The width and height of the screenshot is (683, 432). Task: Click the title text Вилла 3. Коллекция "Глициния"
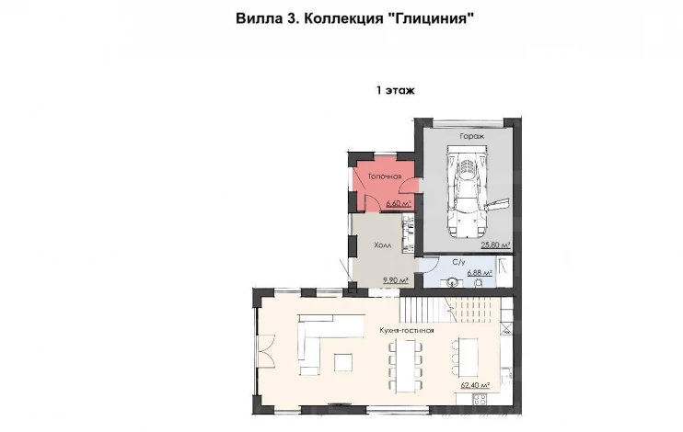(x=354, y=18)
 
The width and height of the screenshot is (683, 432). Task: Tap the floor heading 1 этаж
(x=396, y=90)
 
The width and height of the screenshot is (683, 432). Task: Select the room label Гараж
(x=472, y=136)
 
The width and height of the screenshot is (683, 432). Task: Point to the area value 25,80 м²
(x=495, y=244)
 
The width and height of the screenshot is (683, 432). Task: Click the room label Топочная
(x=385, y=176)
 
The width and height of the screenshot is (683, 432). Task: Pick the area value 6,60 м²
(x=399, y=203)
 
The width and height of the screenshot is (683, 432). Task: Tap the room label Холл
(x=382, y=244)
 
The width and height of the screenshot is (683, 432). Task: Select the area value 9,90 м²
(x=396, y=280)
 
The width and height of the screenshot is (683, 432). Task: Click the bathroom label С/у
(x=459, y=262)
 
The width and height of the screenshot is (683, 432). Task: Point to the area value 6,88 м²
(x=480, y=273)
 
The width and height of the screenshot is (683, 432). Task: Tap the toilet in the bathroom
(x=479, y=283)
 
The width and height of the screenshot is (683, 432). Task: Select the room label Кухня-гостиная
(x=407, y=330)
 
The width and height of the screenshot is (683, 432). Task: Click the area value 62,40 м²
(x=475, y=385)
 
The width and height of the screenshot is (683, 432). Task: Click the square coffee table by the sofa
(x=343, y=362)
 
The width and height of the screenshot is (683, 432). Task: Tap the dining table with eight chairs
(x=406, y=366)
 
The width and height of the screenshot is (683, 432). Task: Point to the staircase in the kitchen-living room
(x=449, y=310)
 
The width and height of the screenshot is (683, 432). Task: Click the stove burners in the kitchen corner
(x=480, y=399)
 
